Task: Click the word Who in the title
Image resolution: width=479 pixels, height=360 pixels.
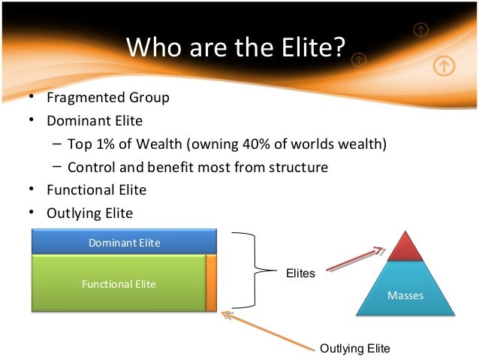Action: click(152, 47)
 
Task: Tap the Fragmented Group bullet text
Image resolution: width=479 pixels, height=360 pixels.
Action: click(108, 98)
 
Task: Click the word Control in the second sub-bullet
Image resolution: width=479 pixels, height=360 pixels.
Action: click(90, 168)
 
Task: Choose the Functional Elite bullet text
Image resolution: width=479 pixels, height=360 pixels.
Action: click(96, 190)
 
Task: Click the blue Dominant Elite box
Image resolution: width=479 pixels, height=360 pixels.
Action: click(124, 242)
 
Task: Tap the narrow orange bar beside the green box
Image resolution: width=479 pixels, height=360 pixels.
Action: click(211, 283)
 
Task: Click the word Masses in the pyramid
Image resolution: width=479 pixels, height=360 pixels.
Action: click(405, 295)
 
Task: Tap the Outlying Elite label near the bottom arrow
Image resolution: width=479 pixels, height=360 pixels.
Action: click(355, 348)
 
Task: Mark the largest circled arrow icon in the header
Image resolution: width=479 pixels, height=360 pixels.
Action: click(444, 66)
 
